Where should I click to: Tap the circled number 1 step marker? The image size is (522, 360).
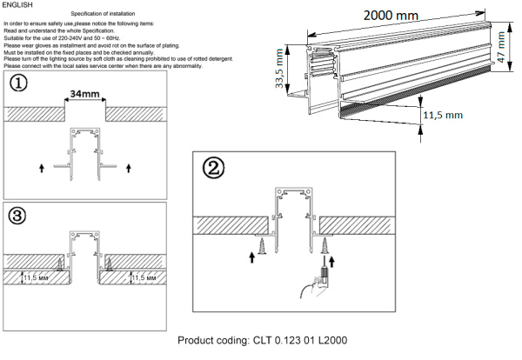point(17,85)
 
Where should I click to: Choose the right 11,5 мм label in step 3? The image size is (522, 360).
point(147,278)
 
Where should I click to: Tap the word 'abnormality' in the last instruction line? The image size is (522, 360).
point(231,67)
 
